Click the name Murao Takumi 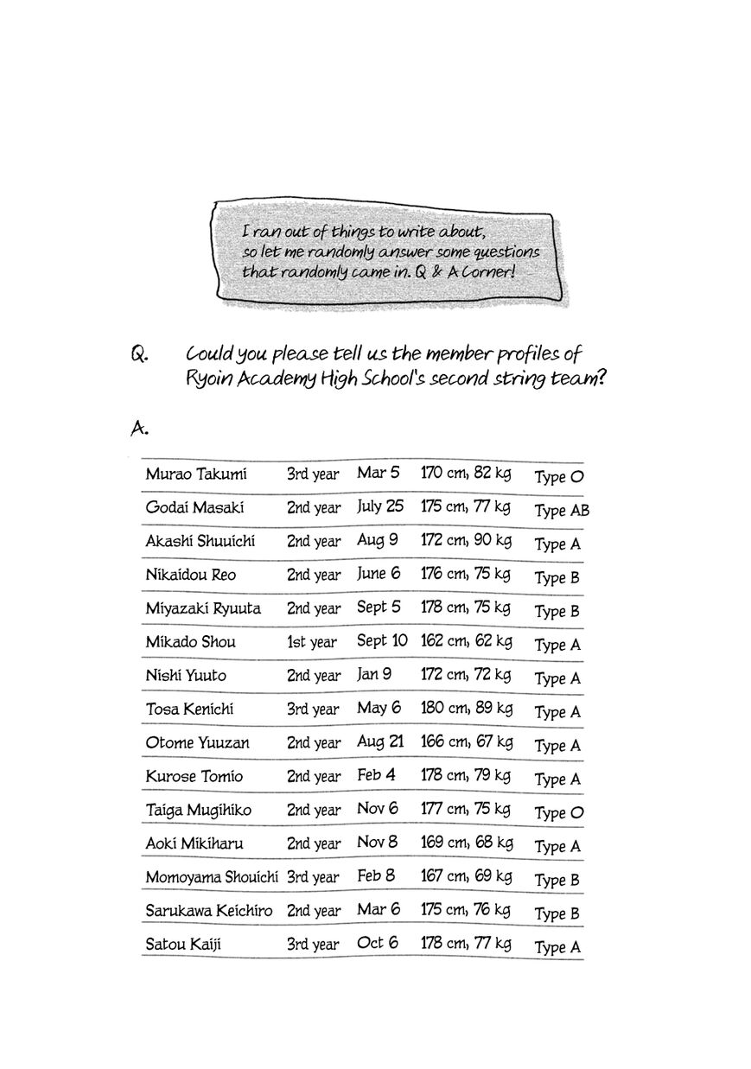pyautogui.click(x=196, y=474)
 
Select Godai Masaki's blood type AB pyautogui.click(x=562, y=511)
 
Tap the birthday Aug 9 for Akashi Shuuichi pyautogui.click(x=378, y=541)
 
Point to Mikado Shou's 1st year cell pyautogui.click(x=312, y=642)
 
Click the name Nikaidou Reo pyautogui.click(x=191, y=575)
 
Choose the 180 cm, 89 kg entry pyautogui.click(x=466, y=709)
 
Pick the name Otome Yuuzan pyautogui.click(x=194, y=742)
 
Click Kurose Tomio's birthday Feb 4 pyautogui.click(x=376, y=775)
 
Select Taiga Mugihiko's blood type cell pyautogui.click(x=559, y=813)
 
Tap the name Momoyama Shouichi pyautogui.click(x=212, y=877)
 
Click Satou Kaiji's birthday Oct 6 pyautogui.click(x=378, y=943)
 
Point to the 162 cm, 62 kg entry pyautogui.click(x=466, y=641)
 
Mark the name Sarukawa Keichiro pyautogui.click(x=208, y=911)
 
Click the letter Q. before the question pyautogui.click(x=141, y=355)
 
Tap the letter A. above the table pyautogui.click(x=139, y=427)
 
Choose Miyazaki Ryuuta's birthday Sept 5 pyautogui.click(x=379, y=608)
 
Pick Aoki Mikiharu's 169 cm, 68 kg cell pyautogui.click(x=467, y=843)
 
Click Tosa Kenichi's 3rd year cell pyautogui.click(x=313, y=709)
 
